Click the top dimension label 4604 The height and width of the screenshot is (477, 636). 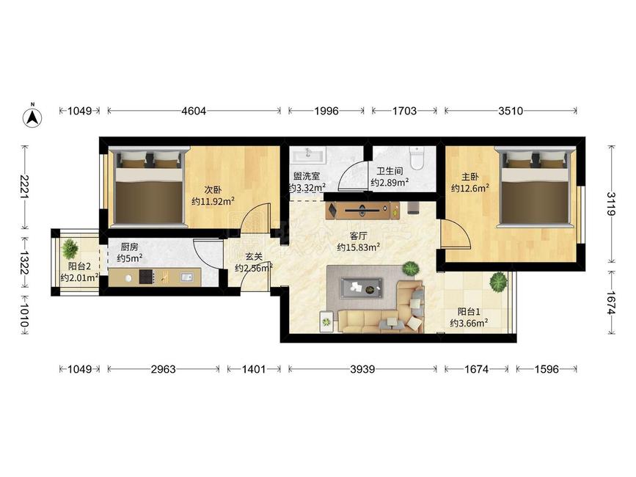click(194, 111)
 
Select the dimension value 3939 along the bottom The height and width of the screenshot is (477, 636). click(362, 369)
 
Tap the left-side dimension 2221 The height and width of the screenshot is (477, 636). click(25, 187)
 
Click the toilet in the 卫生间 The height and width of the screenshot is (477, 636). click(417, 159)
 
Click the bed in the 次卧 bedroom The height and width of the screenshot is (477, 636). click(147, 186)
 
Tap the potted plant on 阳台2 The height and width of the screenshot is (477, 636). click(70, 249)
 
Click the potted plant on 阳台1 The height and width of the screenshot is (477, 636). click(498, 282)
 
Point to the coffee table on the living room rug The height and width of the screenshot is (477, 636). click(362, 288)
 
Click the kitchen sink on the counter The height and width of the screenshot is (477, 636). click(186, 277)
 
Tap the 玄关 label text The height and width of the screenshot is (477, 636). click(254, 256)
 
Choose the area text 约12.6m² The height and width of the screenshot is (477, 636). click(469, 188)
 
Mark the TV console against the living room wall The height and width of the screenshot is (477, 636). click(362, 210)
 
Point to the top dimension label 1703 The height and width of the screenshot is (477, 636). click(404, 111)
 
